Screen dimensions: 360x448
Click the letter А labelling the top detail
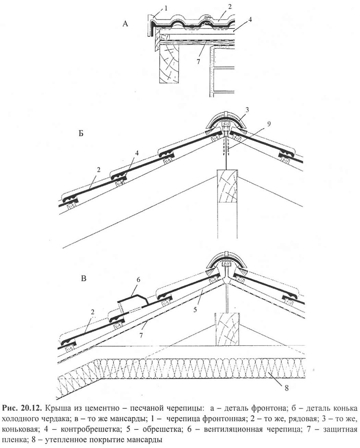(x=125, y=24)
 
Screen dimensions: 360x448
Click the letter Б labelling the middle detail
(x=81, y=133)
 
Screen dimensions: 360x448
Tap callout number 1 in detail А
(x=166, y=8)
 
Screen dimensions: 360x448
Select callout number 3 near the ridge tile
(x=247, y=110)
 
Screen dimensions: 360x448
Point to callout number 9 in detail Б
(x=269, y=124)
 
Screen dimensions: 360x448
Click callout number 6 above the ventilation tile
(x=139, y=280)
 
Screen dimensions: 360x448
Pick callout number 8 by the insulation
(x=287, y=388)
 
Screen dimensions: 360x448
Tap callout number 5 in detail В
(x=195, y=309)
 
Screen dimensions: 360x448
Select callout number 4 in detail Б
(x=137, y=153)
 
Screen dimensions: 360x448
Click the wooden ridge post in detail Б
(x=227, y=204)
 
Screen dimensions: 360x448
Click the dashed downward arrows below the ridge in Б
(x=226, y=145)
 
